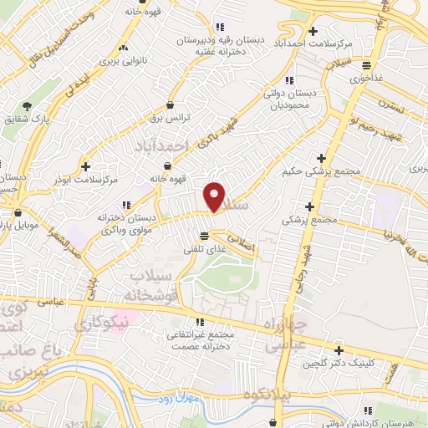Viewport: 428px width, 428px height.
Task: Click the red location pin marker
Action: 215,196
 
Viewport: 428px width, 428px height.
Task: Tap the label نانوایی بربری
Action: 123,60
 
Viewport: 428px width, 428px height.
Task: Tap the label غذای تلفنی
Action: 205,248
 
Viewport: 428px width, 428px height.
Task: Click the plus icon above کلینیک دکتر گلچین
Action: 339,350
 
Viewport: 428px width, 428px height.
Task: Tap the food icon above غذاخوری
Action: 366,64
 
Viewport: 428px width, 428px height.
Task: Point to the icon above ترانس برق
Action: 171,105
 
